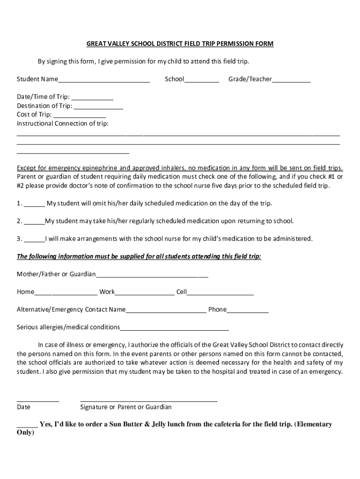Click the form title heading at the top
click(180, 44)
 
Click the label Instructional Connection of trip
click(63, 124)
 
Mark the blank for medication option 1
click(35, 204)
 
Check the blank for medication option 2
click(35, 222)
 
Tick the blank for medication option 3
click(35, 240)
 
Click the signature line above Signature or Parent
click(149, 400)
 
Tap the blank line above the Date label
click(38, 400)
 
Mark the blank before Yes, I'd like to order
click(27, 426)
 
